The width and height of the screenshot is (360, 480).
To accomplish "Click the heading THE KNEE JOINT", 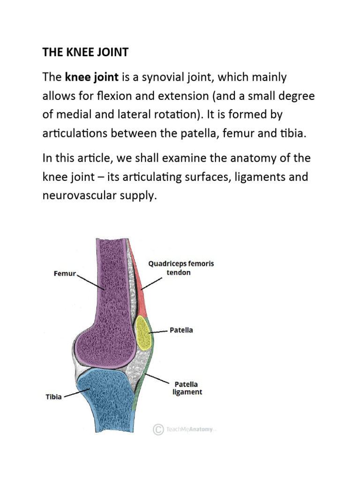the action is point(85,52).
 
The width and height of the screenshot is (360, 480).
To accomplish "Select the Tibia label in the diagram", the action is point(54,397).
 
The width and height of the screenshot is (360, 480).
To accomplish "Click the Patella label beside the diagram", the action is point(181,330).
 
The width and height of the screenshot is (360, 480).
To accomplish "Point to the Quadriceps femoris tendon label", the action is point(181,268).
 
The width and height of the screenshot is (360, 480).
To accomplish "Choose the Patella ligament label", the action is point(187,388).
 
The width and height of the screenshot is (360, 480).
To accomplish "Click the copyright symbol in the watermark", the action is point(158,429).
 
